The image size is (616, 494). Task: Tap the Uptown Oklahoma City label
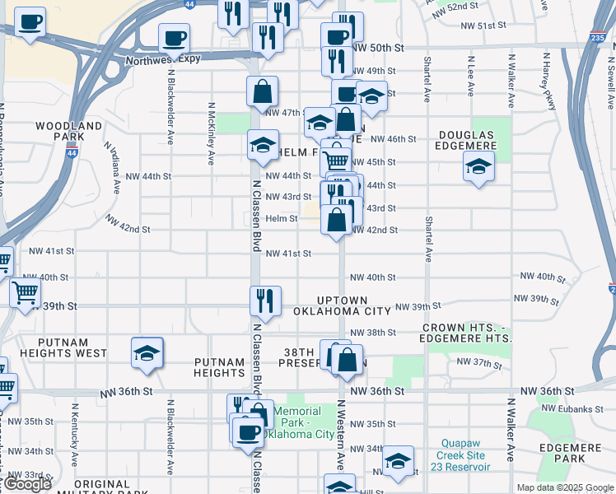tap(342, 305)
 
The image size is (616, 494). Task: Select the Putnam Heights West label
tap(54, 353)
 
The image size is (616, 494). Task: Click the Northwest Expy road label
tap(164, 60)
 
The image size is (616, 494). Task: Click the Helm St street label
tap(281, 218)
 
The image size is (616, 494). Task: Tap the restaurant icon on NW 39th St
tap(265, 301)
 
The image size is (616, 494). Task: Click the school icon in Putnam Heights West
tap(147, 352)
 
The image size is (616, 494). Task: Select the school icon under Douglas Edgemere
tap(478, 167)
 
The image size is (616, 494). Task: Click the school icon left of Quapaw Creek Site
tap(398, 461)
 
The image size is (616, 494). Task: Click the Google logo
tap(27, 484)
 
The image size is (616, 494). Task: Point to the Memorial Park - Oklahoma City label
tap(303, 422)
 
